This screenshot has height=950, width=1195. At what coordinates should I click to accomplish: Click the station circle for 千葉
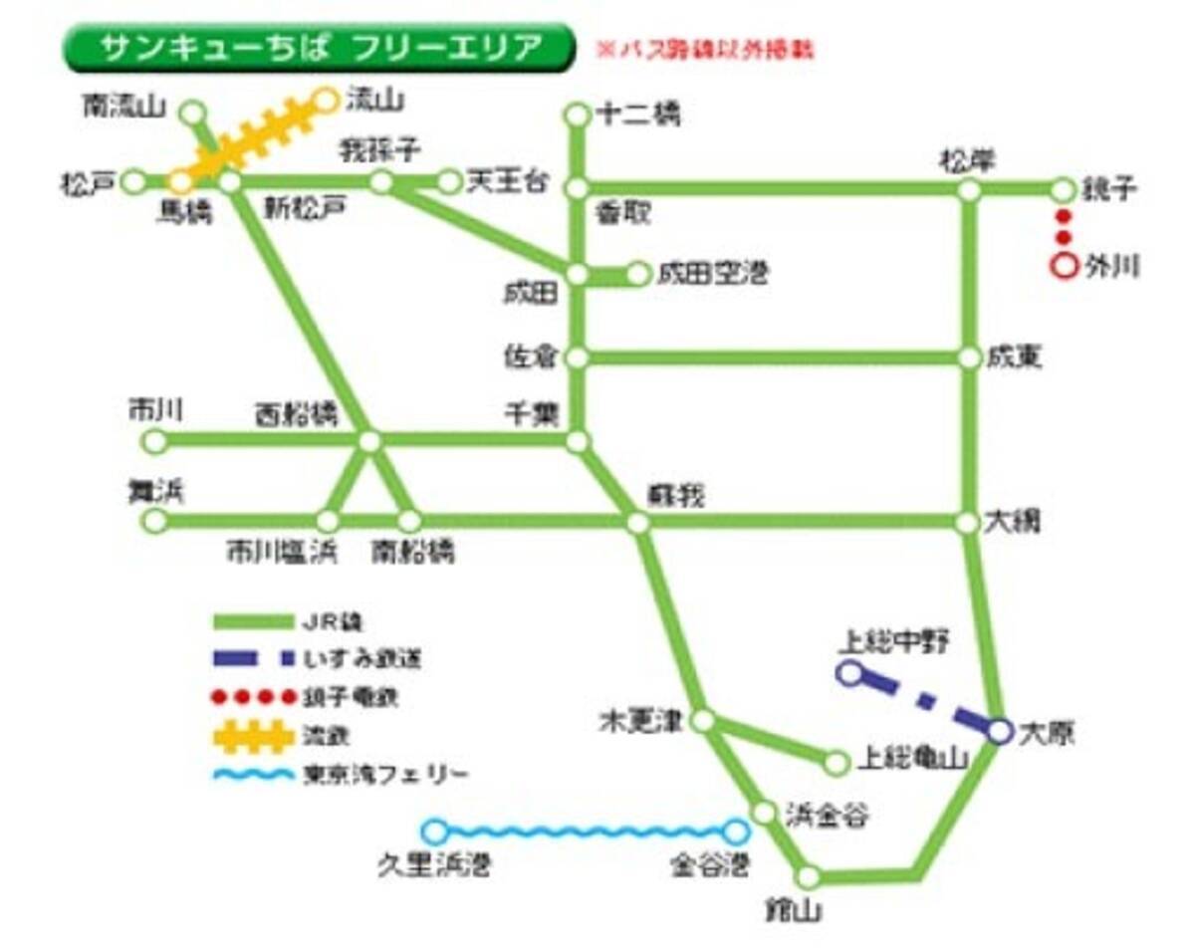[x=578, y=441]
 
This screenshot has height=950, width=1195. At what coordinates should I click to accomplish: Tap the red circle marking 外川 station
[x=1064, y=267]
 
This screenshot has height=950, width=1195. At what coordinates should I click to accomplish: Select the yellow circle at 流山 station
[x=327, y=99]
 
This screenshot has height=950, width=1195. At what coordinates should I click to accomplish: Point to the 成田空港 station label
[x=712, y=274]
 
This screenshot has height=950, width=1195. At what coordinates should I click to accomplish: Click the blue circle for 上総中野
[x=849, y=674]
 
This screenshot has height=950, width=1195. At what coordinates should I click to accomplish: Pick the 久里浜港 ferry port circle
[x=434, y=831]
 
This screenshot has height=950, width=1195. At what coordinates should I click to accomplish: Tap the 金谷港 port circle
[x=736, y=831]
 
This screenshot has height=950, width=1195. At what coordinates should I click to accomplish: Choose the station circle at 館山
[x=809, y=877]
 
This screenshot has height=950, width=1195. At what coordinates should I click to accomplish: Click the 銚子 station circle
[x=1064, y=189]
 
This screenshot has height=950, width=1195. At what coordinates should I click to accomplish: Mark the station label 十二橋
[x=637, y=116]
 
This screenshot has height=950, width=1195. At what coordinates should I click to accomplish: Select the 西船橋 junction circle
[x=368, y=441]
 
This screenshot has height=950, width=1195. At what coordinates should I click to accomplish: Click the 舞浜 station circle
[x=154, y=520]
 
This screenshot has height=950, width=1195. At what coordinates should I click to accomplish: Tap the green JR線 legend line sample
[x=255, y=623]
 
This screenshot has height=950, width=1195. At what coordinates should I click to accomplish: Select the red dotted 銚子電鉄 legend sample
[x=255, y=697]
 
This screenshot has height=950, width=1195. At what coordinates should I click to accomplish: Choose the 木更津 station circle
[x=703, y=720]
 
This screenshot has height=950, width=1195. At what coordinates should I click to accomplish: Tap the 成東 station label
[x=1015, y=356]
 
